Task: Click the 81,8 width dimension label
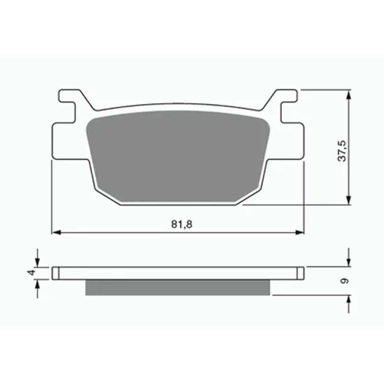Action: tap(181, 224)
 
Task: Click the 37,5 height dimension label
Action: tap(342, 151)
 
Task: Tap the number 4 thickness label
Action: tap(31, 273)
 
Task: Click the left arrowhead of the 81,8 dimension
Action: tap(57, 232)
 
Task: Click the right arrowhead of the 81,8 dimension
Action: tap(300, 232)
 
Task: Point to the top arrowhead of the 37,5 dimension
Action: tap(349, 95)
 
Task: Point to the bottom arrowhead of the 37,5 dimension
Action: tap(349, 200)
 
